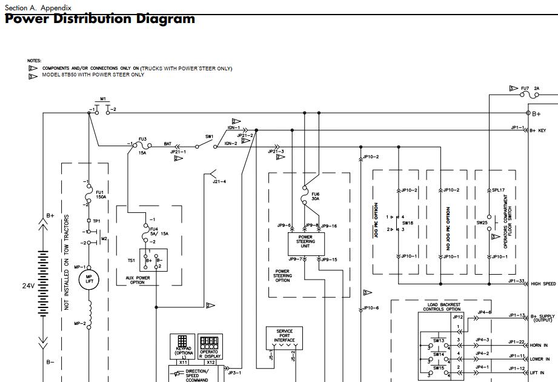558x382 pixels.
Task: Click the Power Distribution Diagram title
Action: tap(100, 19)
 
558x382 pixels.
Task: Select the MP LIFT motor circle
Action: tap(89, 278)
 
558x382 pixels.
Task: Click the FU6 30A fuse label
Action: tap(315, 197)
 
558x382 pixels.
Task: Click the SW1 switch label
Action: tap(209, 137)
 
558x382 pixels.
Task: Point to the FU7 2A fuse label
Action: tap(530, 89)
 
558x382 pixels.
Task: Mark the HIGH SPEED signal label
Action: tap(543, 284)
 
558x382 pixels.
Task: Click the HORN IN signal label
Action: tap(540, 345)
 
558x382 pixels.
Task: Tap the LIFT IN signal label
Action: tap(538, 372)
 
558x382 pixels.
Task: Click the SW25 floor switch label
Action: tap(482, 223)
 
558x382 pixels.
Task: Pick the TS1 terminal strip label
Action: tap(131, 260)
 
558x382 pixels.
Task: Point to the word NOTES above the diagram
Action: tap(34, 61)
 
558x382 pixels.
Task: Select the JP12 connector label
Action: tap(457, 317)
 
